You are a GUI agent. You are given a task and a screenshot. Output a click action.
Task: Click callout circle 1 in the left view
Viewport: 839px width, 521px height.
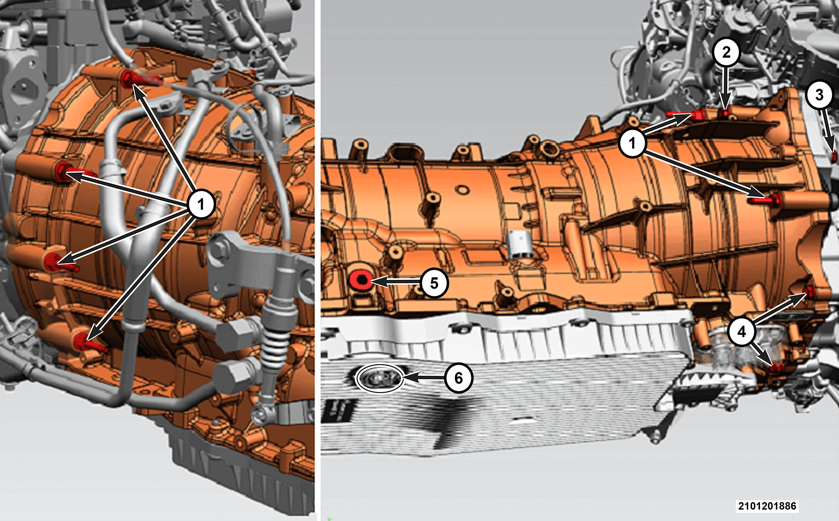click(x=201, y=204)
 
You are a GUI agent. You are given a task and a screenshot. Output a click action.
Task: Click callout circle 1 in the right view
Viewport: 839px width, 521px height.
click(x=632, y=143)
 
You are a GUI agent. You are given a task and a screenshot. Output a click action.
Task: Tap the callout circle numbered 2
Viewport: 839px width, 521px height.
click(x=726, y=52)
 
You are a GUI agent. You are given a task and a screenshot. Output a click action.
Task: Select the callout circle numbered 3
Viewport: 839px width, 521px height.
click(x=819, y=95)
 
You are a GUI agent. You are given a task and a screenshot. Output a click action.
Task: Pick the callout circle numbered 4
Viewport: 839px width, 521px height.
click(x=741, y=332)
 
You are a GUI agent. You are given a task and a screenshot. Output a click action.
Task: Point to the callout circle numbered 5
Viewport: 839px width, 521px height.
click(x=434, y=283)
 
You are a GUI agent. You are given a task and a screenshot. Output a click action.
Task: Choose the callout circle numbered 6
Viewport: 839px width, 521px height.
click(x=458, y=378)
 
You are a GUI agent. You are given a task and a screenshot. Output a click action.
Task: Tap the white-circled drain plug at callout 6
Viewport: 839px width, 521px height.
click(x=380, y=379)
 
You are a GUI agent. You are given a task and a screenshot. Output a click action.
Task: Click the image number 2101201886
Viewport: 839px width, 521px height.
click(x=767, y=506)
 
